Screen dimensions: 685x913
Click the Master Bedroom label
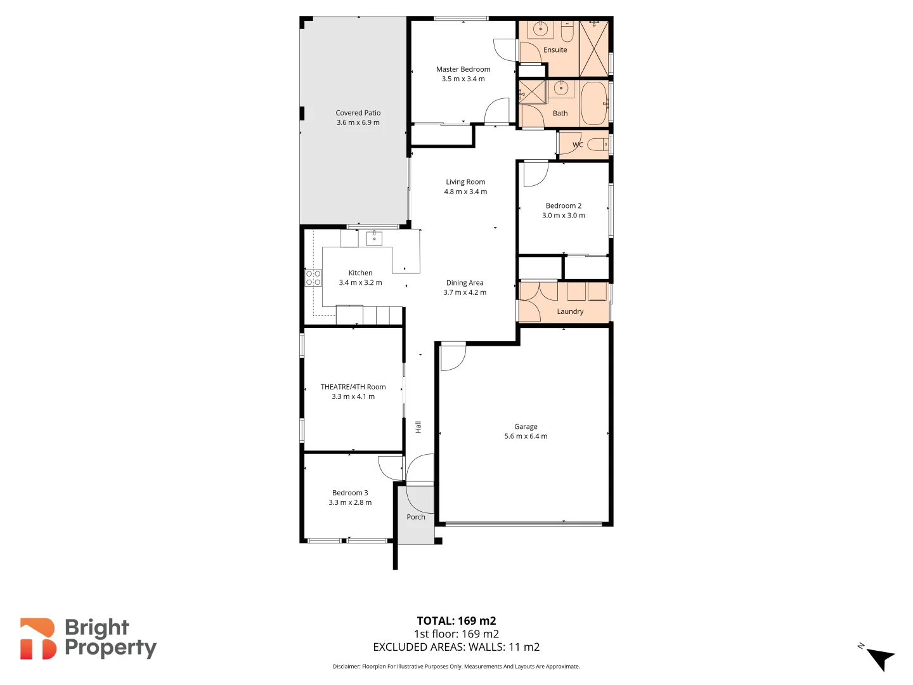(x=463, y=69)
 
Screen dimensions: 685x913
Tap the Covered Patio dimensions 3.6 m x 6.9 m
(x=358, y=122)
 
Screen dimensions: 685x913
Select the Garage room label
(x=526, y=426)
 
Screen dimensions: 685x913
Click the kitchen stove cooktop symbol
(x=313, y=278)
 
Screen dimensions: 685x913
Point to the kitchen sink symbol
(x=374, y=238)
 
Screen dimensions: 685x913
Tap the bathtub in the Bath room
(x=594, y=103)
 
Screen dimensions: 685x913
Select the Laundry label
(x=570, y=311)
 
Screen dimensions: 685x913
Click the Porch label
(x=416, y=517)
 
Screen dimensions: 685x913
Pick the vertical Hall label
(x=418, y=427)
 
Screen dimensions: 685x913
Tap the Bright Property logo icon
(x=38, y=639)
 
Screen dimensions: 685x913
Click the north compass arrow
(x=879, y=658)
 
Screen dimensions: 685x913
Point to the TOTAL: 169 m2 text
(x=456, y=621)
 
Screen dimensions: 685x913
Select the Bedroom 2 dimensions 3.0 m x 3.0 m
(x=563, y=216)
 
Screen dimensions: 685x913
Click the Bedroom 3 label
(x=350, y=493)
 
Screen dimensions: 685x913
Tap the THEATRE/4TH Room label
(x=353, y=387)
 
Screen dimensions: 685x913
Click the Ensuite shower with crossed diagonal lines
(x=594, y=49)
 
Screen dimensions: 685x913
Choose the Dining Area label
(x=464, y=283)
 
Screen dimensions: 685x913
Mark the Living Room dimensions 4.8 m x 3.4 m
(x=465, y=192)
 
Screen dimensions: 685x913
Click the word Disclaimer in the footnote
(x=346, y=667)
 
